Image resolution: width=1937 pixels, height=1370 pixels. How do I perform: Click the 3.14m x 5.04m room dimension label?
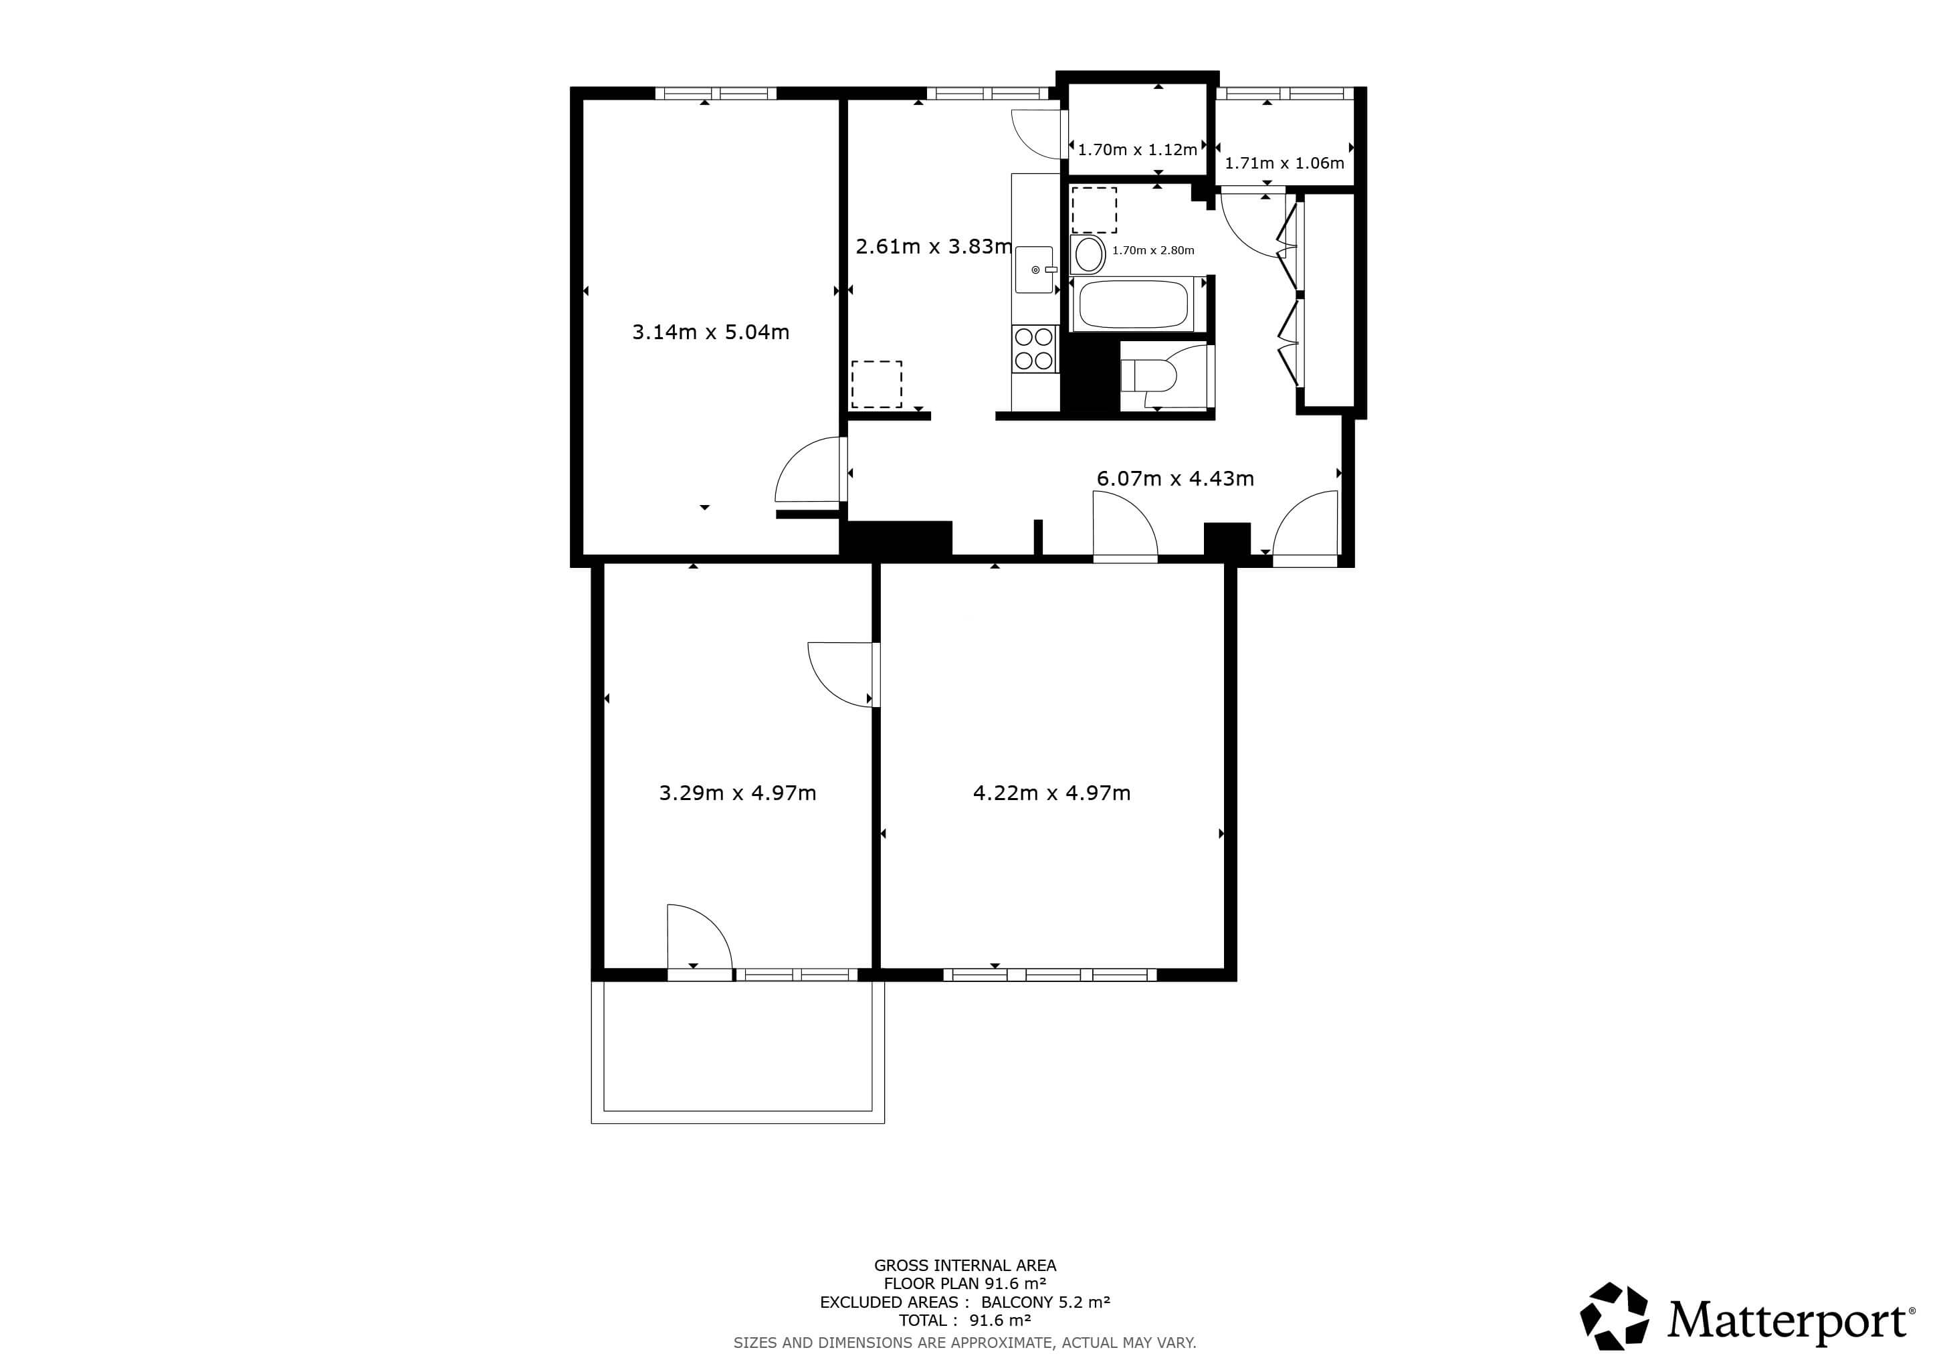click(x=710, y=332)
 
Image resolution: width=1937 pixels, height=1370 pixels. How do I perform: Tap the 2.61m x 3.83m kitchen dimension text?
click(x=933, y=246)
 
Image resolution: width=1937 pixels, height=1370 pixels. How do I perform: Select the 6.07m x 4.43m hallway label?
click(x=1175, y=478)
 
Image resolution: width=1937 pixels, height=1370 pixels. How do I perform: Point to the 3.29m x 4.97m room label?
click(x=737, y=793)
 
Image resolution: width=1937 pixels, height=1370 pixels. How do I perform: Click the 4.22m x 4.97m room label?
click(x=1051, y=793)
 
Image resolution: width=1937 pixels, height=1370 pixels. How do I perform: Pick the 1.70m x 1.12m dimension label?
click(x=1137, y=150)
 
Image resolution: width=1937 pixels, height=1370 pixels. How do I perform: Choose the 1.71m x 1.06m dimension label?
click(x=1284, y=163)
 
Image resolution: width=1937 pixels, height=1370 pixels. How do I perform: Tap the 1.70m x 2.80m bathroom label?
click(x=1152, y=251)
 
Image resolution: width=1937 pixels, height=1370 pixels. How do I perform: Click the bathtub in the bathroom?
click(x=1134, y=304)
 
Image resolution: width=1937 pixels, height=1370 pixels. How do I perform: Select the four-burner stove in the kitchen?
click(x=1034, y=349)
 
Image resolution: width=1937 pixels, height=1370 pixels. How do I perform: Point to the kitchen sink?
click(x=1034, y=269)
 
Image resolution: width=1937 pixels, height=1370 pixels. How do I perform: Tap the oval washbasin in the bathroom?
click(x=1088, y=254)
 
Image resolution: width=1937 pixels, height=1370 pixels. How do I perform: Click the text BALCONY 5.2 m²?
click(x=1045, y=1302)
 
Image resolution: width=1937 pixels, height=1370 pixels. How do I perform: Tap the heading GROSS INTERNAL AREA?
click(x=965, y=1266)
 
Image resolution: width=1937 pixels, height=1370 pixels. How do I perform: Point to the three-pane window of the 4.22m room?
click(x=1049, y=975)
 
